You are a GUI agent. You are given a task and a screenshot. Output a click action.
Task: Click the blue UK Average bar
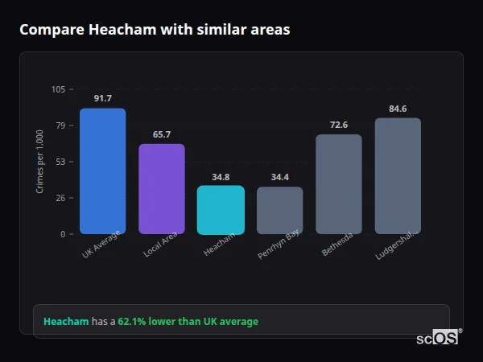coord(102,171)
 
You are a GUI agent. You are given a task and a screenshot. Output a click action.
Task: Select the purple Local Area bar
coord(162,189)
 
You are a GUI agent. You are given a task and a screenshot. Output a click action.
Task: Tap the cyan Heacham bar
coord(221,210)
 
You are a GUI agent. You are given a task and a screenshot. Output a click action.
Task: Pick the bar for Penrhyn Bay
coord(280,210)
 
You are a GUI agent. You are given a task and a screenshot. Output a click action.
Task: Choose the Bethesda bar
coord(339,184)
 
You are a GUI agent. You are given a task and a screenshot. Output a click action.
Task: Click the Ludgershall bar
coord(398,175)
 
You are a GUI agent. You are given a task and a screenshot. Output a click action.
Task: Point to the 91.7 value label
coord(102,99)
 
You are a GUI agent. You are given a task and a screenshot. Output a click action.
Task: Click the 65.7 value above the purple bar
coord(162,134)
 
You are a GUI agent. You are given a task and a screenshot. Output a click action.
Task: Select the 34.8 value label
coord(221,177)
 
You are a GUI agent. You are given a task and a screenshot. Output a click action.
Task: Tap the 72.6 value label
coord(339,125)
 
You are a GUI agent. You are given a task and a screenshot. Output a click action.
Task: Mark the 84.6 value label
coord(398,109)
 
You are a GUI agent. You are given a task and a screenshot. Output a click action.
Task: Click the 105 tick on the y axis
coord(58,89)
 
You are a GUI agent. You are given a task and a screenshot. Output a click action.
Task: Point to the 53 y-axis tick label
coord(60,162)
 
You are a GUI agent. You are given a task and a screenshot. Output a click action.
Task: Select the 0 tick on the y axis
coord(63,234)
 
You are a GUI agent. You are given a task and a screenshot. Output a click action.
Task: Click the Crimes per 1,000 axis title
coord(40,162)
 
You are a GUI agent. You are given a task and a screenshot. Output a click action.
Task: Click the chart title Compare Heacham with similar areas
coord(155,30)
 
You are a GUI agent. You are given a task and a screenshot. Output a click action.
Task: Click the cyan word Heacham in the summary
coord(66,322)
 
